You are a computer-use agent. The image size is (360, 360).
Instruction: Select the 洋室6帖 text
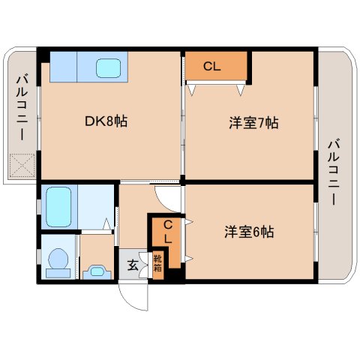pyautogui.click(x=248, y=232)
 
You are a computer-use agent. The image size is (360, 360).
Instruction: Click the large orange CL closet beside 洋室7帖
pyautogui.click(x=216, y=66)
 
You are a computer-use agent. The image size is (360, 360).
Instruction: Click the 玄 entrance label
pyautogui.click(x=132, y=265)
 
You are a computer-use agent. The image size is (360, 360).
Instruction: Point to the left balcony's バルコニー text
pyautogui.click(x=20, y=109)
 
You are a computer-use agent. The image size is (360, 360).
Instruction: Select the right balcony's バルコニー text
pyautogui.click(x=335, y=172)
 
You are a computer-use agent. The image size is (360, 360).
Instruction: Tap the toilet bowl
pyautogui.click(x=58, y=259)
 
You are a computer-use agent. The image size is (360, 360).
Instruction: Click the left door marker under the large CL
pyautogui.click(x=193, y=90)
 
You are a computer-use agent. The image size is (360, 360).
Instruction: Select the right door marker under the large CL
pyautogui.click(x=241, y=90)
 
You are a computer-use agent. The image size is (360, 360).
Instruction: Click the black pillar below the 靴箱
pyautogui.click(x=175, y=275)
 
